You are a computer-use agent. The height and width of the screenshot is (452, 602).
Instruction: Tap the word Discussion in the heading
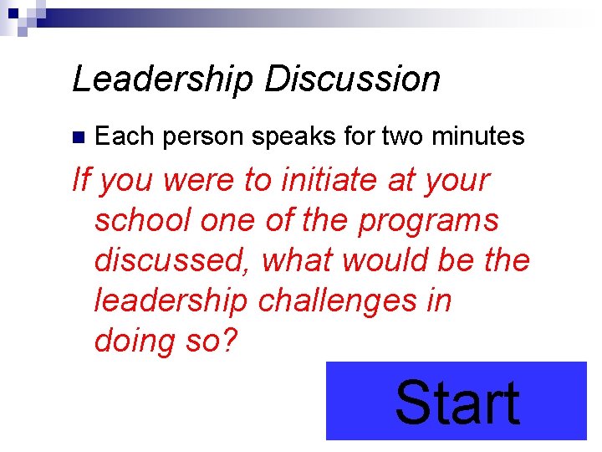(x=352, y=79)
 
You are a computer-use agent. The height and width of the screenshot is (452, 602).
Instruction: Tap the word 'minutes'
(x=478, y=136)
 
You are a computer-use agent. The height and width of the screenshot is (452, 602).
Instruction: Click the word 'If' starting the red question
(x=81, y=180)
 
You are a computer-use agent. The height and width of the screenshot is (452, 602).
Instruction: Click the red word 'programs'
(x=429, y=222)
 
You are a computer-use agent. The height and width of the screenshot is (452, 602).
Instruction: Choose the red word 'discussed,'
(x=173, y=260)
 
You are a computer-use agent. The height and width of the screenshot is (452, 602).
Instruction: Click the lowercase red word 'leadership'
(x=171, y=300)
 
